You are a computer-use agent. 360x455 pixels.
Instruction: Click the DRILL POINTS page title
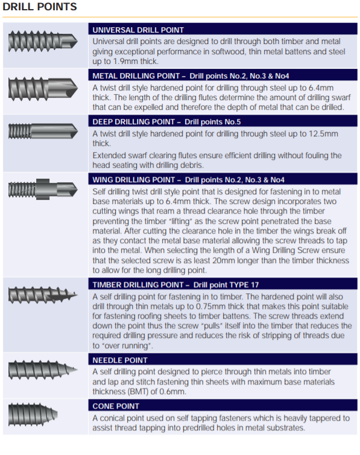(x=40, y=7)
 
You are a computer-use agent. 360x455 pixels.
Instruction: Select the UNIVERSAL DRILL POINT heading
(x=138, y=30)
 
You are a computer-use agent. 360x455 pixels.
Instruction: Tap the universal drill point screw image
(x=43, y=42)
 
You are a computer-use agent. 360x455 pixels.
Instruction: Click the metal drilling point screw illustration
(x=43, y=88)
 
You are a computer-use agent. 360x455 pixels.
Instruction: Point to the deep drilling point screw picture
(x=43, y=131)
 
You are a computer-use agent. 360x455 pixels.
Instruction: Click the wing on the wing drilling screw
(x=43, y=189)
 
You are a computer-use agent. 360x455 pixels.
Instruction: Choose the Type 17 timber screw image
(x=43, y=296)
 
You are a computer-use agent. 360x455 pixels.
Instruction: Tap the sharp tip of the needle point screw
(x=77, y=370)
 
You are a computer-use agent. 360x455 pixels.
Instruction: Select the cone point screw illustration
(x=33, y=415)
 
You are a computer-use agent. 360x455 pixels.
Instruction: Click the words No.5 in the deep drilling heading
(x=233, y=122)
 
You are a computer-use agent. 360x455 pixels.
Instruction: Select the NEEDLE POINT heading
(x=120, y=360)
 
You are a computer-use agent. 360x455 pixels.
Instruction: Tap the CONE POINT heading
(x=116, y=406)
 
